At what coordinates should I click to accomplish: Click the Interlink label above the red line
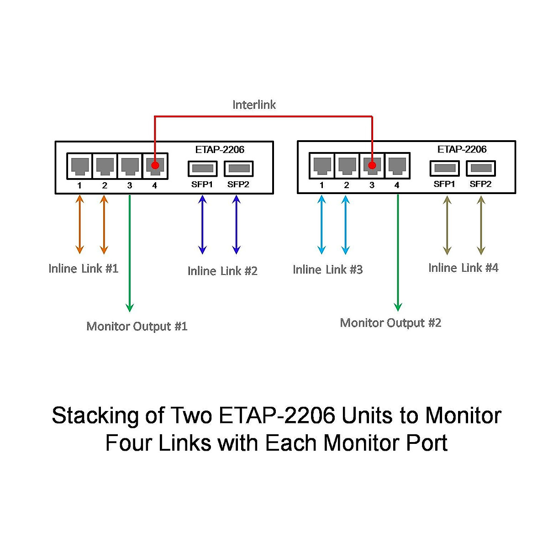coord(254,105)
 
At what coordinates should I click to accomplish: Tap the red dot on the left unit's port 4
coord(155,165)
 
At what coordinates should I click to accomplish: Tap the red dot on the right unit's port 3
coord(373,165)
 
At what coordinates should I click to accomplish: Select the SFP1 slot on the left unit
coord(202,169)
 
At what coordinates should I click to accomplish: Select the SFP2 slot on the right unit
coord(480,168)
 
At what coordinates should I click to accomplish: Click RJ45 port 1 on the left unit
coord(79,166)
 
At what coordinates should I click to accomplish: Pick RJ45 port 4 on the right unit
coord(397,165)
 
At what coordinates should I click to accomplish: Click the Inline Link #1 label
coord(84,269)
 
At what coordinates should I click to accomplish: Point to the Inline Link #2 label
coord(222,271)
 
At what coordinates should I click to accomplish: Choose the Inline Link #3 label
coord(327,269)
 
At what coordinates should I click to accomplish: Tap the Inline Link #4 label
coord(463,268)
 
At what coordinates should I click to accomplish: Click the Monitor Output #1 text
coord(137,326)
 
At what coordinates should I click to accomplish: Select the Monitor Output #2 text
coord(390,323)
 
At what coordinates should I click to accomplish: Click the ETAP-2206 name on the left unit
coord(220,150)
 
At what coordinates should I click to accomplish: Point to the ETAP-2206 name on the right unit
coord(462,149)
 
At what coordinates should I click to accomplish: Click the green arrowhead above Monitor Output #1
coord(130,307)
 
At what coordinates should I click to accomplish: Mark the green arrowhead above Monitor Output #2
coord(398,306)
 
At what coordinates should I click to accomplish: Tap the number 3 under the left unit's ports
coord(130,185)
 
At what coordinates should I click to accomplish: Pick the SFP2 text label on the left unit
coord(238,184)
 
